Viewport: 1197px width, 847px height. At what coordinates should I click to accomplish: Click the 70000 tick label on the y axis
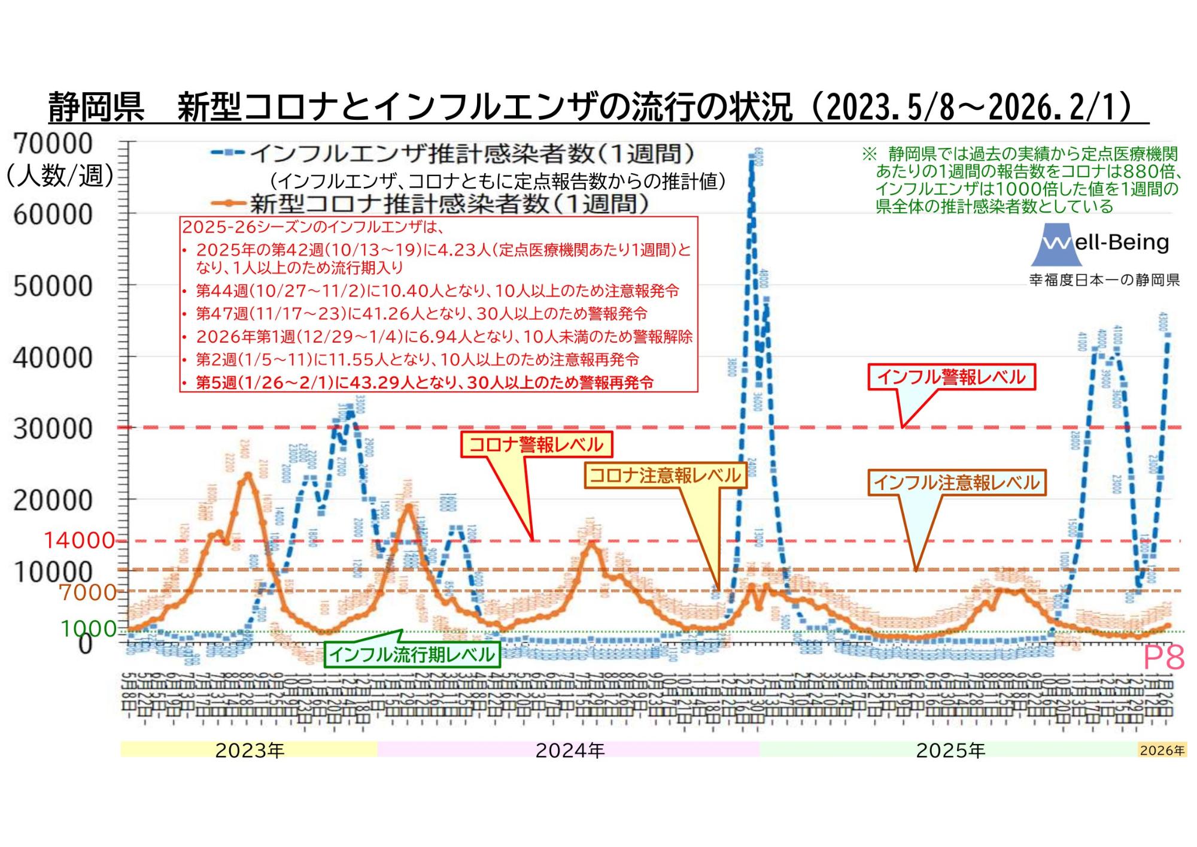pyautogui.click(x=53, y=144)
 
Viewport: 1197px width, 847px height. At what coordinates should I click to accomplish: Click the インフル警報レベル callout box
pyautogui.click(x=951, y=377)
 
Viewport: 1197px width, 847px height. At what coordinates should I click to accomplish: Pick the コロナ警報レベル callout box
pyautogui.click(x=536, y=444)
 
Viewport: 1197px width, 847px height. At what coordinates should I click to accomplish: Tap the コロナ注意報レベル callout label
pyautogui.click(x=665, y=476)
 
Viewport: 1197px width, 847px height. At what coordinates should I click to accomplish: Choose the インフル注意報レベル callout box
pyautogui.click(x=956, y=482)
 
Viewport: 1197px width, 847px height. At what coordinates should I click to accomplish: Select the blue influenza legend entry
pyautogui.click(x=452, y=154)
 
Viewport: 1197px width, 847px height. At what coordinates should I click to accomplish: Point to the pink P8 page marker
pyautogui.click(x=1163, y=658)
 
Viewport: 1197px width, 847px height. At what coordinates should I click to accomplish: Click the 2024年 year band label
pyautogui.click(x=570, y=750)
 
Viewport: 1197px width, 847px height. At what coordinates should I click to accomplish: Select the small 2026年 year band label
pyautogui.click(x=1162, y=750)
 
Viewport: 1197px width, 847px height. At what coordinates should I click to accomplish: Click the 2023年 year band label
pyautogui.click(x=250, y=750)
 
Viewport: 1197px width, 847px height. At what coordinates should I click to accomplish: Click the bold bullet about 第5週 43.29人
pyautogui.click(x=424, y=383)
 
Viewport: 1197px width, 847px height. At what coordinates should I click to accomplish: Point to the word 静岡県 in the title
pyautogui.click(x=96, y=108)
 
